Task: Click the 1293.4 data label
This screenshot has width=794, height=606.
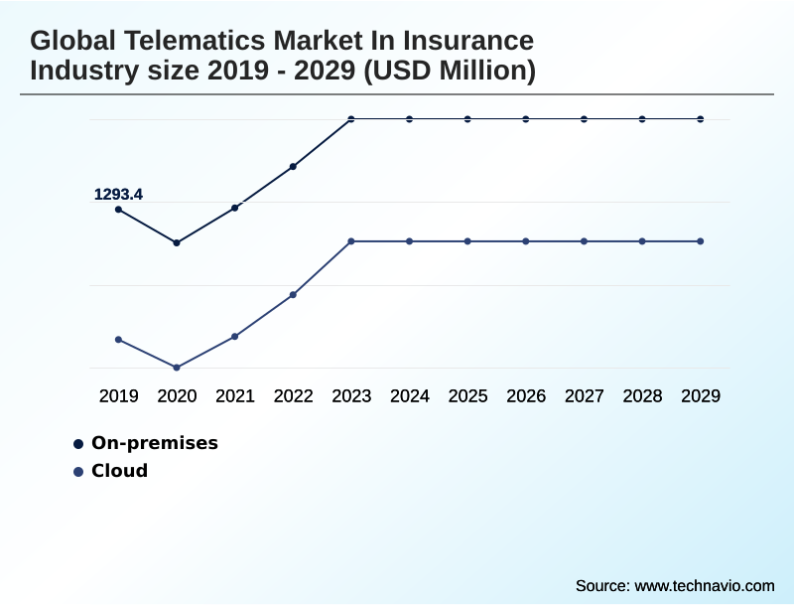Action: (x=118, y=195)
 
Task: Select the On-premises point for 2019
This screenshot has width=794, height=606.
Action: (x=119, y=210)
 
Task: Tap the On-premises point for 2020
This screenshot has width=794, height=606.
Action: (x=177, y=242)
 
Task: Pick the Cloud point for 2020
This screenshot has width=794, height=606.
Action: (x=177, y=368)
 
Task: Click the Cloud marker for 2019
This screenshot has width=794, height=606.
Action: (x=119, y=340)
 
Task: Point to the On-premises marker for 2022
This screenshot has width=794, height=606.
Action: (x=294, y=167)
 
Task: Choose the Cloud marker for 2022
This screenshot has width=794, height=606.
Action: (x=294, y=295)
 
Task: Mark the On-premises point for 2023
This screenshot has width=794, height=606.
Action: (x=351, y=119)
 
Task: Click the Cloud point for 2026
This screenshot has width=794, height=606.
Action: (x=526, y=241)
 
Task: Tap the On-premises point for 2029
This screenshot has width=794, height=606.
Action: (x=701, y=119)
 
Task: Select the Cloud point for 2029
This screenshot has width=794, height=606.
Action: (x=701, y=241)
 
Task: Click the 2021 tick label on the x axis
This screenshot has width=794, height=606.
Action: (x=235, y=396)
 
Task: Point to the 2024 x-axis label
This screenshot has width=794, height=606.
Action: (x=410, y=396)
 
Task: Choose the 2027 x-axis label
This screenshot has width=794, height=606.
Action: (x=585, y=396)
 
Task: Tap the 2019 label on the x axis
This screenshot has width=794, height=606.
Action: (x=119, y=396)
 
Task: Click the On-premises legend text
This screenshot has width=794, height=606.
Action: (x=154, y=443)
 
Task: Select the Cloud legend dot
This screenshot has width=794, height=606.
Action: (x=78, y=472)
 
